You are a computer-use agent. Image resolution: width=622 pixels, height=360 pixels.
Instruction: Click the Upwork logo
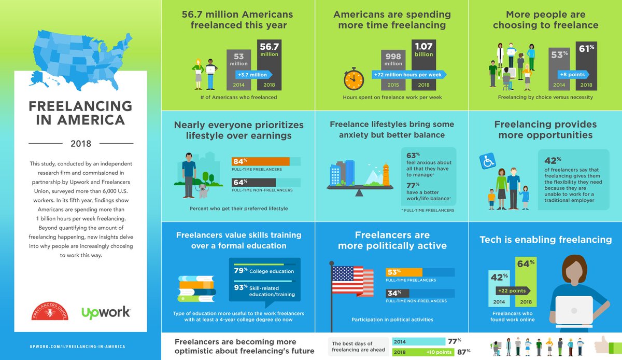click(x=106, y=313)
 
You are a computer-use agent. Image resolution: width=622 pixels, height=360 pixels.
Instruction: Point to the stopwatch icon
click(x=355, y=78)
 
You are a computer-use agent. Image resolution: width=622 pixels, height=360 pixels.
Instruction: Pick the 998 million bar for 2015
click(x=393, y=68)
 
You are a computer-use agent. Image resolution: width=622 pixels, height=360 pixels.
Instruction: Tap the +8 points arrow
click(x=568, y=75)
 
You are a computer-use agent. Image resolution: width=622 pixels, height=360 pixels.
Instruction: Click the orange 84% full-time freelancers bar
click(x=260, y=161)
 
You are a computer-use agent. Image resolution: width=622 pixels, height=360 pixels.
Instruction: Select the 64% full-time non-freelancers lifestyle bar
click(x=253, y=182)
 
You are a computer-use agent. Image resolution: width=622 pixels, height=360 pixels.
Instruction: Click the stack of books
click(x=196, y=288)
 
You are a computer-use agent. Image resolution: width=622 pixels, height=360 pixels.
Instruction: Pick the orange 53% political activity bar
click(x=404, y=272)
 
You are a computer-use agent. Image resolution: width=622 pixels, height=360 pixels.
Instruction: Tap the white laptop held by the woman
click(x=574, y=311)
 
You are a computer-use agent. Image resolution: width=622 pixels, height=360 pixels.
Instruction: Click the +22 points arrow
click(x=513, y=290)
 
